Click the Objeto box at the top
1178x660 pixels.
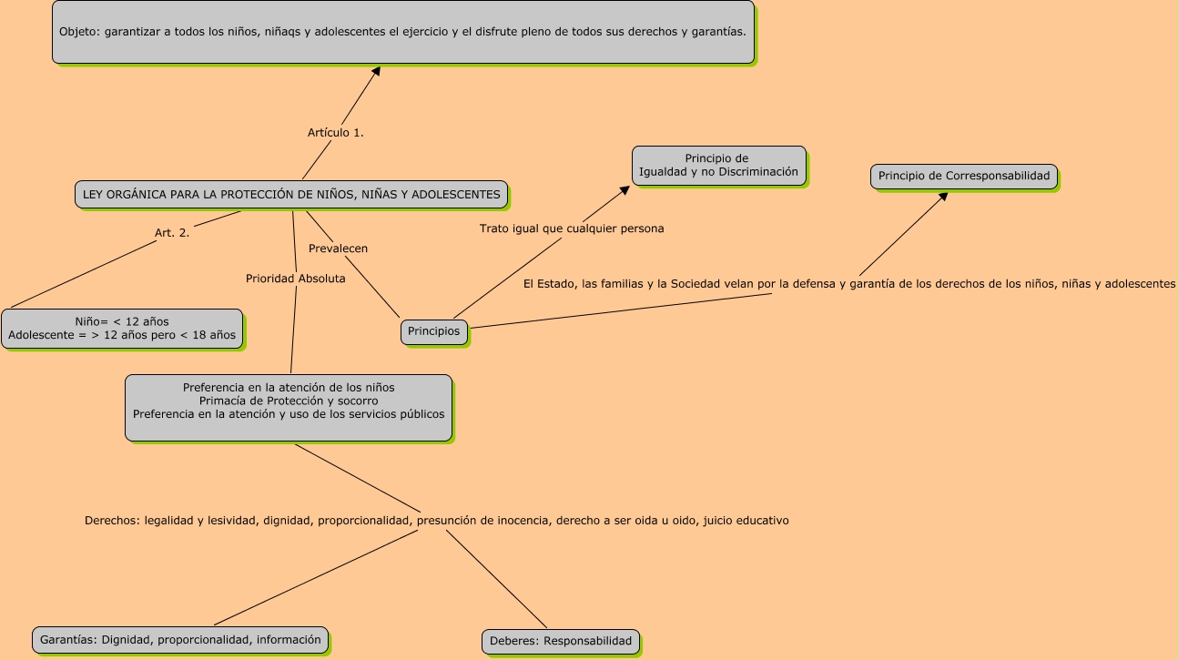(403, 32)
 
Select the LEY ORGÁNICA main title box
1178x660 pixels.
(291, 194)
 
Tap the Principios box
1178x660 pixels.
(434, 331)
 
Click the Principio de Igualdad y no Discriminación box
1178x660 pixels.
(718, 166)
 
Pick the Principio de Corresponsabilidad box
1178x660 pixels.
(964, 176)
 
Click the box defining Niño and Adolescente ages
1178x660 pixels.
(122, 329)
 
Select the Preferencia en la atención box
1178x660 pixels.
(289, 407)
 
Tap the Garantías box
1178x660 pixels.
(180, 640)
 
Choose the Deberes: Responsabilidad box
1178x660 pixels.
(560, 641)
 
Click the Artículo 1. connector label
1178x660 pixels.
(336, 133)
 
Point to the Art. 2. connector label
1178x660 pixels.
(172, 233)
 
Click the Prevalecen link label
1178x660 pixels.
(338, 249)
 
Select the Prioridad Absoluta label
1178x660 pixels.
(296, 279)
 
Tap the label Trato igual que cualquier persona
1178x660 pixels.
(572, 229)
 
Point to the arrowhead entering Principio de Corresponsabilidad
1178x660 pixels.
(943, 197)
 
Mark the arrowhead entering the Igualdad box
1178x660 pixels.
(625, 190)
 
